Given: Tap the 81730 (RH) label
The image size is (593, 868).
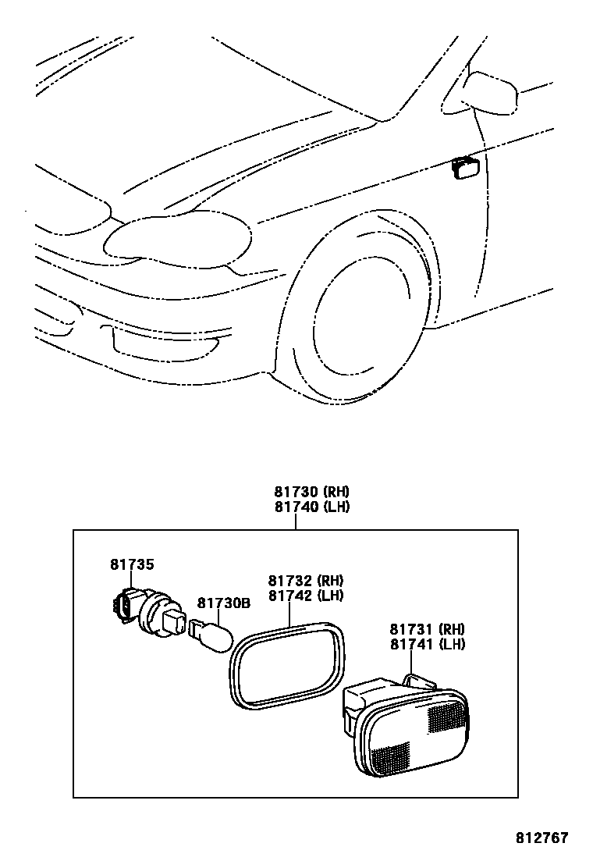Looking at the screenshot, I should click(311, 492).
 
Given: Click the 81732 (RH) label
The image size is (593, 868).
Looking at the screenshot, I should click(306, 581).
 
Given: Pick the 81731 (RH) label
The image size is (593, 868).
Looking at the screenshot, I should click(428, 629).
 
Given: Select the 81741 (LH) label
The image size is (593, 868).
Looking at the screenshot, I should click(428, 644).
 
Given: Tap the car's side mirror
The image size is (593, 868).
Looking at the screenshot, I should click(492, 92).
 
